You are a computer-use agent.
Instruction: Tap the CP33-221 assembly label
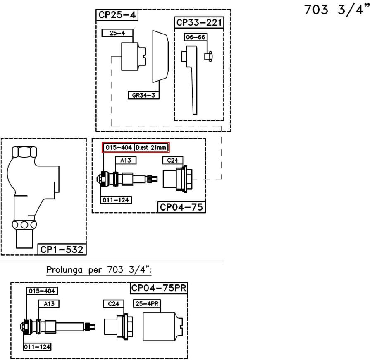tap(199, 22)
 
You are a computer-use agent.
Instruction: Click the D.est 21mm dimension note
tap(152, 148)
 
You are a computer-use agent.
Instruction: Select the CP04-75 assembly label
tap(181, 206)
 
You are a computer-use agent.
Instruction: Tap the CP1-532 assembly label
tap(62, 249)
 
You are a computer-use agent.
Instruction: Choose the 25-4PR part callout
tap(147, 304)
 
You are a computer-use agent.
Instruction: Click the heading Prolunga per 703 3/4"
tap(99, 270)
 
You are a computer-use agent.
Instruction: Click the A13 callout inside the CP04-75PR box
tap(49, 304)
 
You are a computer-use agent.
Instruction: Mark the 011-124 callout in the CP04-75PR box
tap(37, 346)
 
